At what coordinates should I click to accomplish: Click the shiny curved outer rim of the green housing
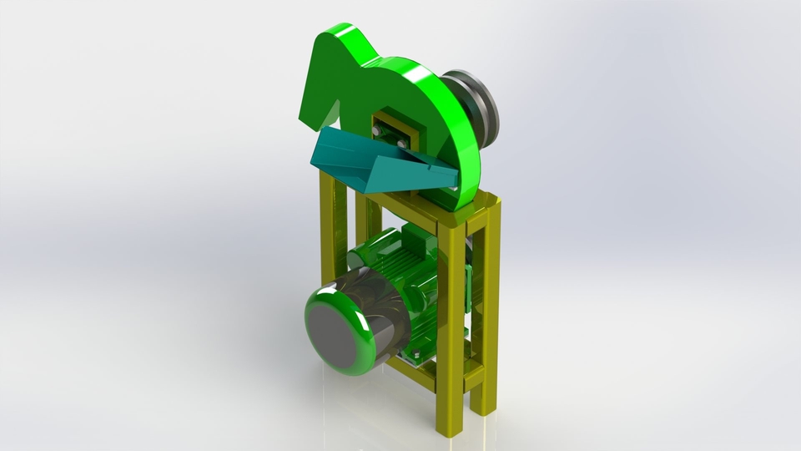coord(459,125)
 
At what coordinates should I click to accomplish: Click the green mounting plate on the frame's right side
coord(471,284)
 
